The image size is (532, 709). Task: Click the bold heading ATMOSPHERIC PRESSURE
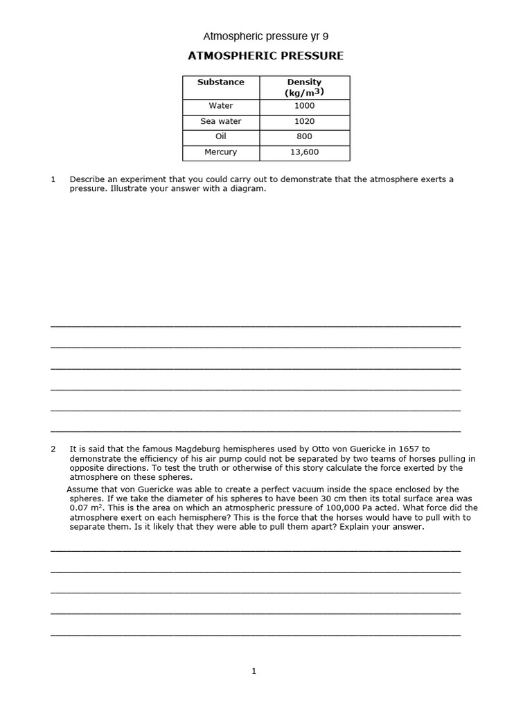[x=265, y=56]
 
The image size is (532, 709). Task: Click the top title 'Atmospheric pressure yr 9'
[x=265, y=35]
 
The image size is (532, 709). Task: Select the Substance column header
[x=220, y=82]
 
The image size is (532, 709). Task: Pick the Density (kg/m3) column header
[x=304, y=87]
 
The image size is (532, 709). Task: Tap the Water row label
[x=220, y=106]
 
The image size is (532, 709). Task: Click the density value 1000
[x=304, y=106]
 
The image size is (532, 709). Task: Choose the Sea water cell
[x=220, y=121]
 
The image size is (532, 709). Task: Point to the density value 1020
[x=304, y=121]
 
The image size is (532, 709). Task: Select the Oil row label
[x=220, y=136]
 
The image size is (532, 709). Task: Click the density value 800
[x=304, y=136]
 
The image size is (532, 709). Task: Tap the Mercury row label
[x=220, y=152]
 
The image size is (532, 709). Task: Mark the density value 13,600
[x=304, y=152]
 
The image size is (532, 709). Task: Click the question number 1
[x=53, y=179]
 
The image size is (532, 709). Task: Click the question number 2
[x=53, y=449]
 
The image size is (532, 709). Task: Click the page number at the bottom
[x=254, y=671]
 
